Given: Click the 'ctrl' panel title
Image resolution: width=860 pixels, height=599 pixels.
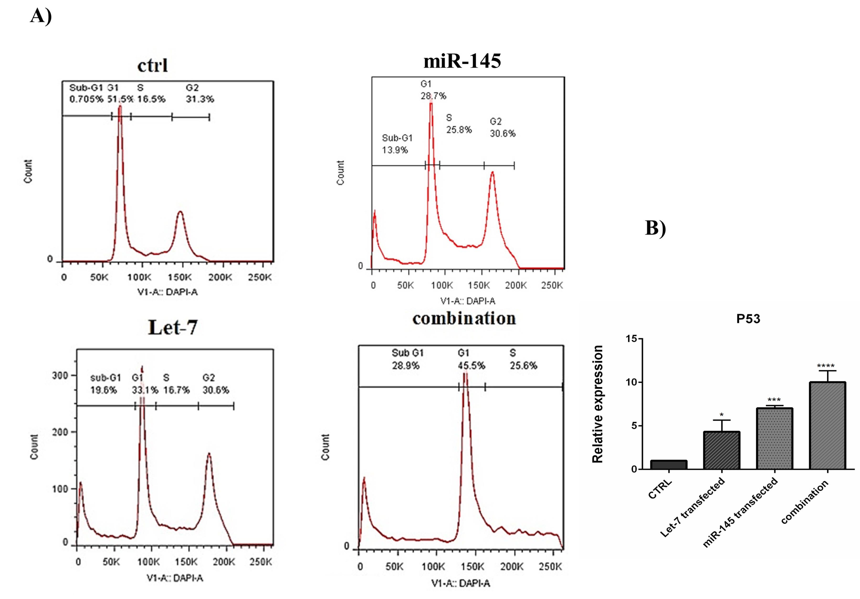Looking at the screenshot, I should [x=152, y=66].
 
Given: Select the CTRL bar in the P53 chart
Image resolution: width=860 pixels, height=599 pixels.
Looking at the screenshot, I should [x=669, y=465].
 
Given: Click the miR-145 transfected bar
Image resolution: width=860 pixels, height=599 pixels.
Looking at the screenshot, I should [x=774, y=438].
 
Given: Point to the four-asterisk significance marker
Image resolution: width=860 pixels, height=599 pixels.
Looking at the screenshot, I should [x=826, y=366].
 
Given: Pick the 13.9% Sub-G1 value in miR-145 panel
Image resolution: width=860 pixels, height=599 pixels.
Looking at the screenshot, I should [x=395, y=150].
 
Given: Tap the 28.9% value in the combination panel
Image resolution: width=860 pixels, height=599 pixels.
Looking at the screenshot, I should [x=406, y=365].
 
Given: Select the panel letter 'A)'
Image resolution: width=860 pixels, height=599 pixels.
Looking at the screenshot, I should [x=41, y=16].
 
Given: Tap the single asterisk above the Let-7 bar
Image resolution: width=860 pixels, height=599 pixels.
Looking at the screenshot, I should [x=721, y=415].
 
